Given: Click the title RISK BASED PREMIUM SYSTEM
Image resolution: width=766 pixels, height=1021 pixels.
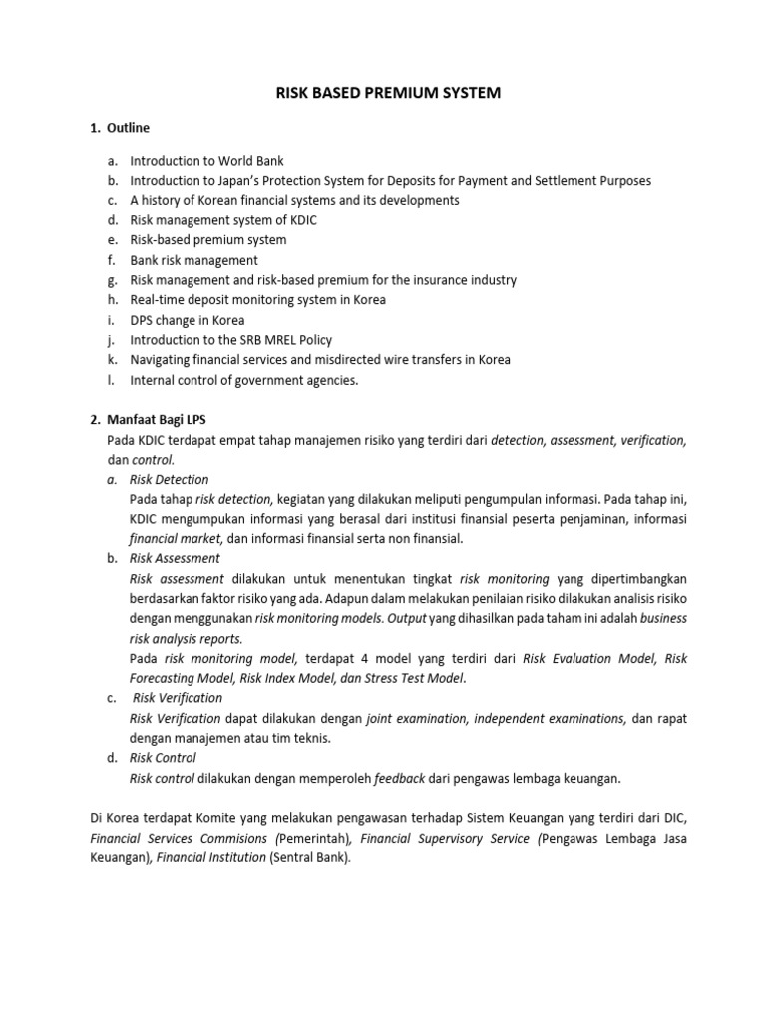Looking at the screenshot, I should point(388,93).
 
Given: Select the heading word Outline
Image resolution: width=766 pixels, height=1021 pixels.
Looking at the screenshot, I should point(129,128).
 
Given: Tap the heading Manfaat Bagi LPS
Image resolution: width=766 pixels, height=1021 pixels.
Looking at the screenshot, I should point(160,420).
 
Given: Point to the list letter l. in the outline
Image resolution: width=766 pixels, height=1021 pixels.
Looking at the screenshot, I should point(112,380).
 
